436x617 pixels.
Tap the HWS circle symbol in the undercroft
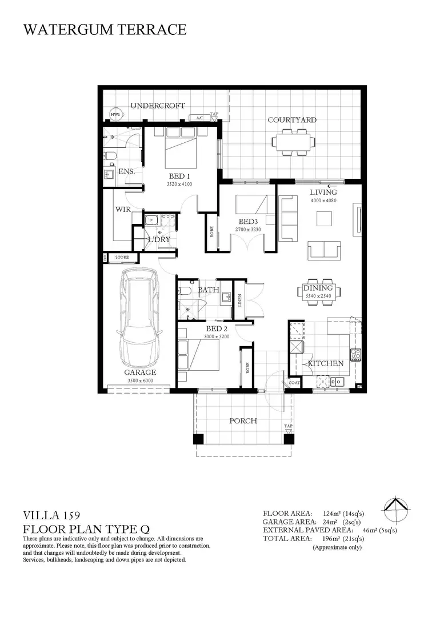point(115,114)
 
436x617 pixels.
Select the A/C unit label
point(199,118)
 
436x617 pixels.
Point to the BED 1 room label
point(180,177)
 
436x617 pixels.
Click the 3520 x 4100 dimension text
point(180,184)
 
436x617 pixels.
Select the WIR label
point(123,209)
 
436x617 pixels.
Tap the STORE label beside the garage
point(122,257)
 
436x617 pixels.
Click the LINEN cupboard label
point(239,301)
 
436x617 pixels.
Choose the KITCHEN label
point(325,363)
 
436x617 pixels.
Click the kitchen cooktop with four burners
point(356,355)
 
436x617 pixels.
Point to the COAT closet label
point(294,382)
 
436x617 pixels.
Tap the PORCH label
point(243,420)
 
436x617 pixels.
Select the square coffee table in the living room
point(324,219)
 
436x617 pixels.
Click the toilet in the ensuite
point(110,157)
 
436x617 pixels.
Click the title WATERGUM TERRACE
point(105,30)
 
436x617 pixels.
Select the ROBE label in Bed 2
point(247,368)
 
